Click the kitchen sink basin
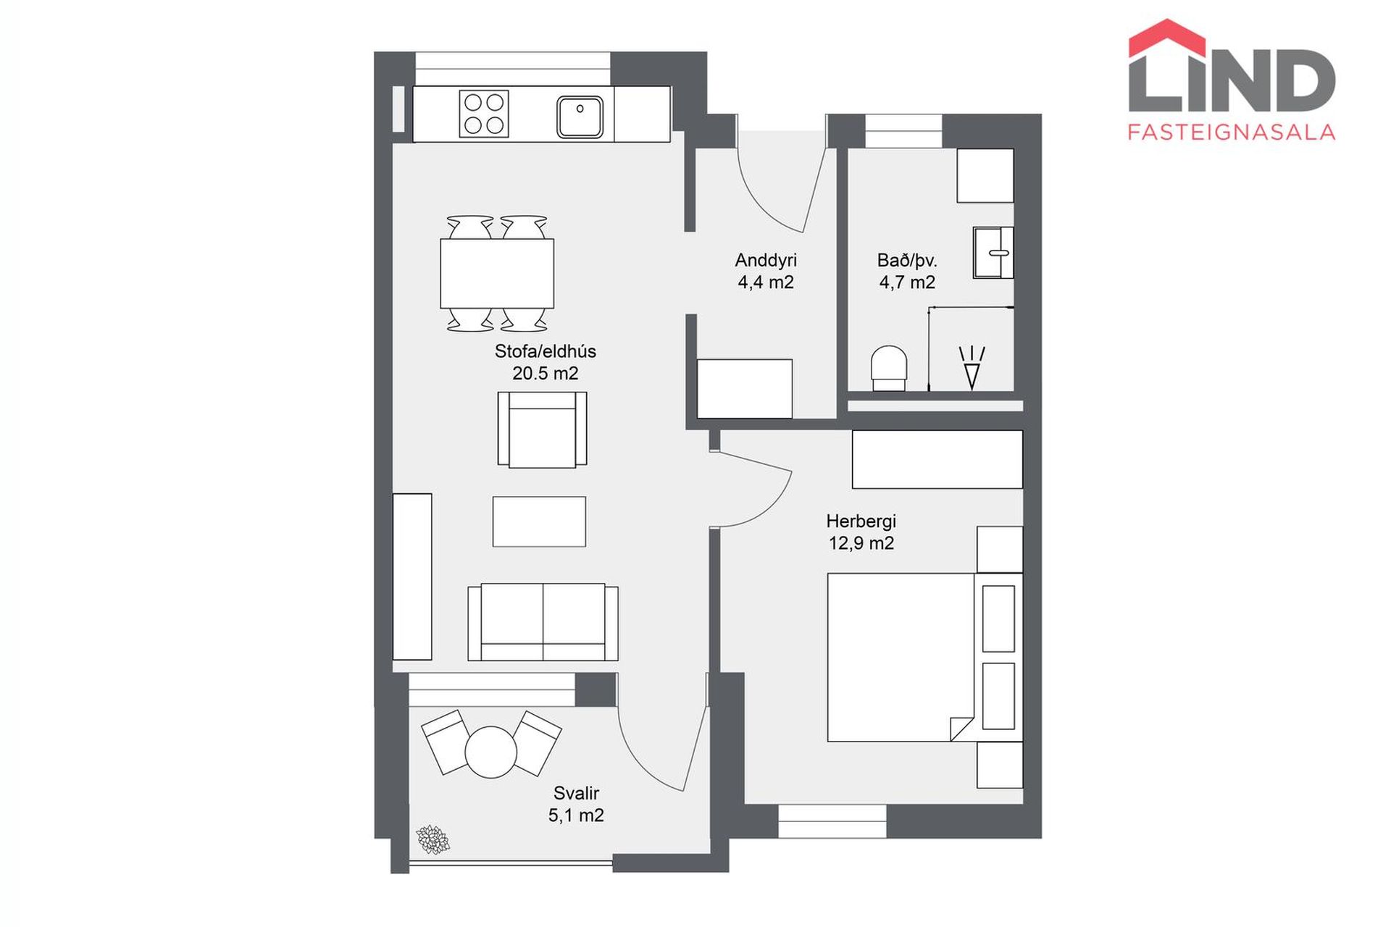point(580,116)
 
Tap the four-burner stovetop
point(484,114)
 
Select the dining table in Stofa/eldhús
point(497,273)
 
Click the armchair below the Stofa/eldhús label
point(542,429)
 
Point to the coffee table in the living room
point(539,521)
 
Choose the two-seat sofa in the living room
point(543,622)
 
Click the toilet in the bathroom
point(888,369)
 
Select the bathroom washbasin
point(993,253)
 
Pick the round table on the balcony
point(491,752)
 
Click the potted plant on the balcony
point(433,839)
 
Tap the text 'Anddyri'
point(766,260)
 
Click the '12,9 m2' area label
point(861,543)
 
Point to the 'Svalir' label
point(576,793)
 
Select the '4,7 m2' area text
point(907,282)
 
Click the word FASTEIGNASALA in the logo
point(1232,132)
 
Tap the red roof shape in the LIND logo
point(1167,38)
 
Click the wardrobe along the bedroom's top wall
point(937,459)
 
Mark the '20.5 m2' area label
point(546,374)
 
